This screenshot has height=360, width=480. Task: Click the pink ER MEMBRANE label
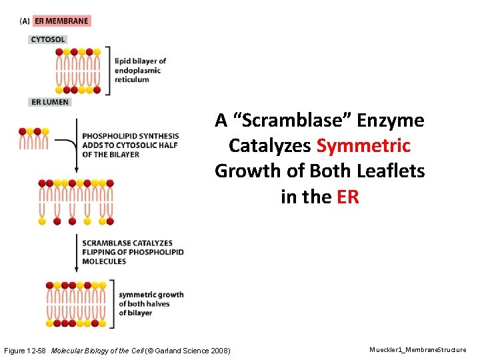[61, 21]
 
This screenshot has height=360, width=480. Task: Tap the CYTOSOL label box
[48, 39]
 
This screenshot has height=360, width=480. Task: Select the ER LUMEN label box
[50, 102]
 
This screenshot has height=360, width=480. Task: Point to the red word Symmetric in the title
[363, 146]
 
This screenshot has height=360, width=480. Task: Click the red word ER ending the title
[347, 197]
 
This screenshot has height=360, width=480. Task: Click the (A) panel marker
[25, 21]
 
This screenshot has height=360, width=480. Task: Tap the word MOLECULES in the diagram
[104, 261]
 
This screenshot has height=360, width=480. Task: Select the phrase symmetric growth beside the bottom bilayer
[151, 295]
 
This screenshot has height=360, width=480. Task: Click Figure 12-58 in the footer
[25, 350]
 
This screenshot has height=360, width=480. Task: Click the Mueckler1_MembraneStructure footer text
[417, 349]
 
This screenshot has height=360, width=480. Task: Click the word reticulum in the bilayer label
[131, 79]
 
